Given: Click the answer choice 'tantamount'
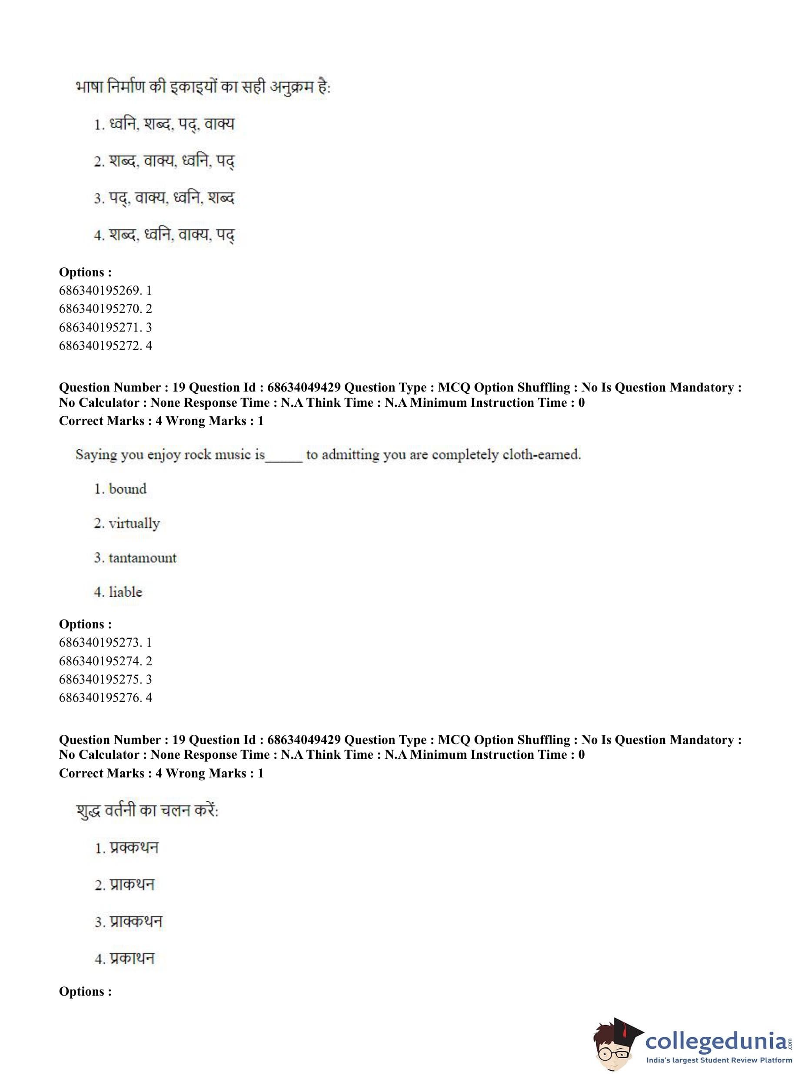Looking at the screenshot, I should (x=142, y=558).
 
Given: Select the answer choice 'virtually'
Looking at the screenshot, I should (x=134, y=524).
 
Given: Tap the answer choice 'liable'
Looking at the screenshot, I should (x=125, y=592).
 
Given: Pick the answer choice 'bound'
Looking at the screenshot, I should (x=127, y=489).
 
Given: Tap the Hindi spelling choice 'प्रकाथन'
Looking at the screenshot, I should (x=132, y=958).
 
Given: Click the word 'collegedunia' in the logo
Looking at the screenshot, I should (x=716, y=1041).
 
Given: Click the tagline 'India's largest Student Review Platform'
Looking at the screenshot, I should (x=719, y=1060).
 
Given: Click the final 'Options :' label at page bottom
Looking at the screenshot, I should (x=85, y=992).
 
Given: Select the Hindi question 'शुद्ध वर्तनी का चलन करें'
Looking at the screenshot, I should (x=147, y=810).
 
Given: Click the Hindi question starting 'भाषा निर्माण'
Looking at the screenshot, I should (x=203, y=87).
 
